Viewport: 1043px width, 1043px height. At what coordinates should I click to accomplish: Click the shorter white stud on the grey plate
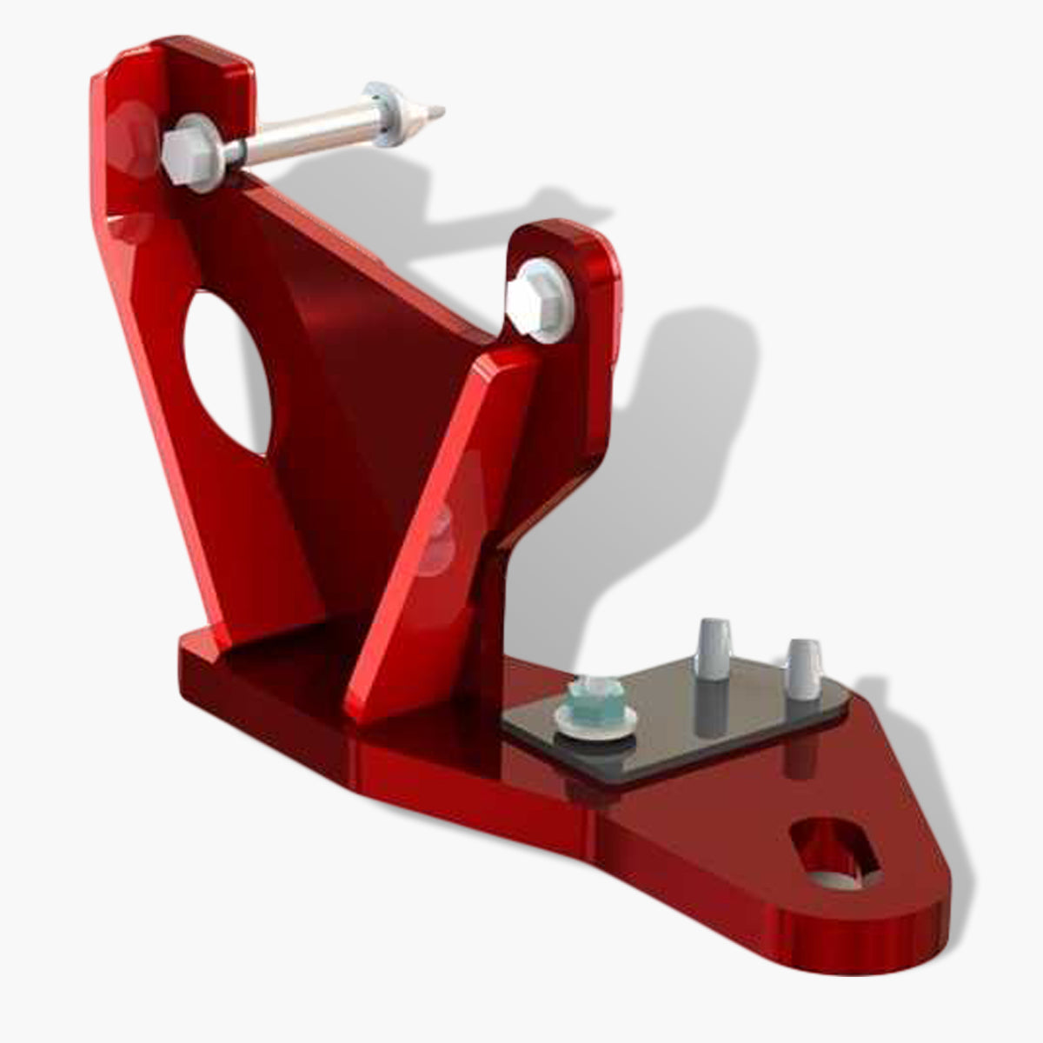802,669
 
